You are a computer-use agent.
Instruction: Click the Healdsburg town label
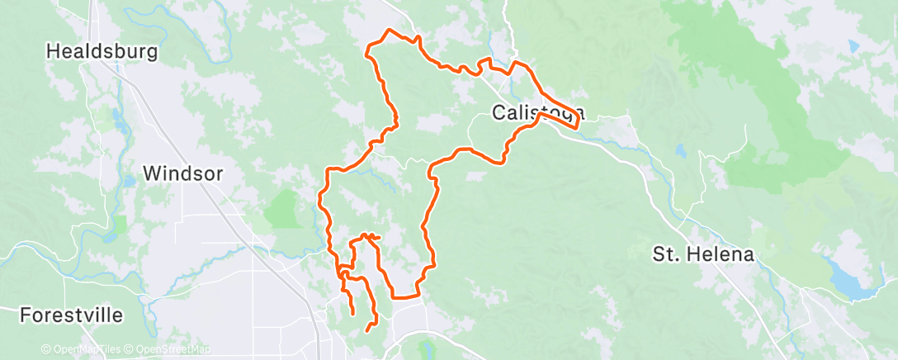(102, 51)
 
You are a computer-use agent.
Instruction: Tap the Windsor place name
(182, 173)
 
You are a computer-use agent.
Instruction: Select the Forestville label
(71, 315)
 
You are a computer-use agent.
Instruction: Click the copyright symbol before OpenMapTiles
(45, 349)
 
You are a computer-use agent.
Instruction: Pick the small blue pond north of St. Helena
(680, 152)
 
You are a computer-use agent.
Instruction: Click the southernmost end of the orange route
(367, 332)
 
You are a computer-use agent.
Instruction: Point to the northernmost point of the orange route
(388, 31)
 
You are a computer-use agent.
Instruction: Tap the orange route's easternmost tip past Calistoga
(575, 129)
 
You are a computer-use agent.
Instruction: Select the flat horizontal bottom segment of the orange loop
(405, 296)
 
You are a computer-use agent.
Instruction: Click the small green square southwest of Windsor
(121, 224)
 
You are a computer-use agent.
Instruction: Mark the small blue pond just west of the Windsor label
(130, 182)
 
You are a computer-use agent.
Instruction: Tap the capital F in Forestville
(25, 315)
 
